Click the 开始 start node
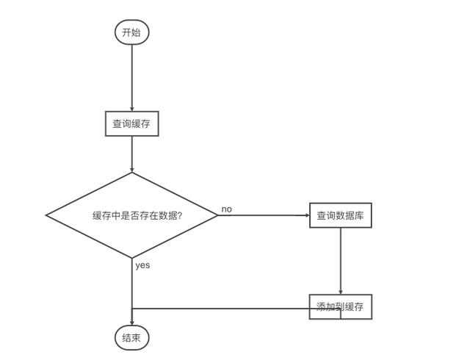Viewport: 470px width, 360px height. point(132,32)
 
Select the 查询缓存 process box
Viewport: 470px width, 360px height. point(132,123)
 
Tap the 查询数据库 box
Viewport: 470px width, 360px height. point(341,215)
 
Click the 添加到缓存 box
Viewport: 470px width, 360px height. point(341,306)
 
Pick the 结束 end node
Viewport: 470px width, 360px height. point(132,338)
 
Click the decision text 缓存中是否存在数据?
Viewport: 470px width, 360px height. point(137,215)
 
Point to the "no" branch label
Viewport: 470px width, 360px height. point(227,209)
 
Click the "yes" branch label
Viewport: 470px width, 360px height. point(142,265)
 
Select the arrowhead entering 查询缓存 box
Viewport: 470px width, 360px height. point(132,109)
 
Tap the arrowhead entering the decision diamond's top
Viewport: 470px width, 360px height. point(132,170)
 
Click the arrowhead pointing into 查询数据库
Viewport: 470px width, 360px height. point(307,215)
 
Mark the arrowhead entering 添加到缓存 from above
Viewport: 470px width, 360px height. point(341,292)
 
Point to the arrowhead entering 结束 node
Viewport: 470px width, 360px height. point(132,323)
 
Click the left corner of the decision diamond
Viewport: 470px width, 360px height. point(46,215)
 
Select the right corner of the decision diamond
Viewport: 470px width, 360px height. point(218,215)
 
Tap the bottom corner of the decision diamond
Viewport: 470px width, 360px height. point(132,258)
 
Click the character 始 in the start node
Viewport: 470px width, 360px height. point(136,32)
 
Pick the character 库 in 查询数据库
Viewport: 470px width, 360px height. point(359,215)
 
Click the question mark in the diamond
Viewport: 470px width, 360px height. point(180,215)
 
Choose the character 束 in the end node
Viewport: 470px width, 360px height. point(136,338)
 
